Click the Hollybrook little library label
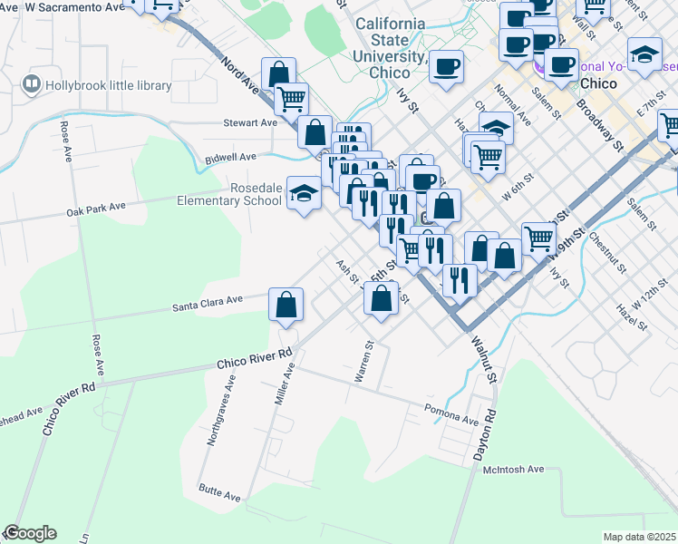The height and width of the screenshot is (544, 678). coord(108,85)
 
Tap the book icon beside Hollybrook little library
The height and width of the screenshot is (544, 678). coord(33,84)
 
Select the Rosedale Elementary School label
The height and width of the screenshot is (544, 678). coord(230,194)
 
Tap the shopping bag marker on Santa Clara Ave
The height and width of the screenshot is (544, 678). coord(286,306)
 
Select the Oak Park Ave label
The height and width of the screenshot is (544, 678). coord(95,209)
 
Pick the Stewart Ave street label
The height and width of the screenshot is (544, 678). coord(250,122)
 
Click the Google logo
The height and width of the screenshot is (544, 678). coord(30,533)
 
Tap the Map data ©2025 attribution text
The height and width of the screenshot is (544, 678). coord(640,537)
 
